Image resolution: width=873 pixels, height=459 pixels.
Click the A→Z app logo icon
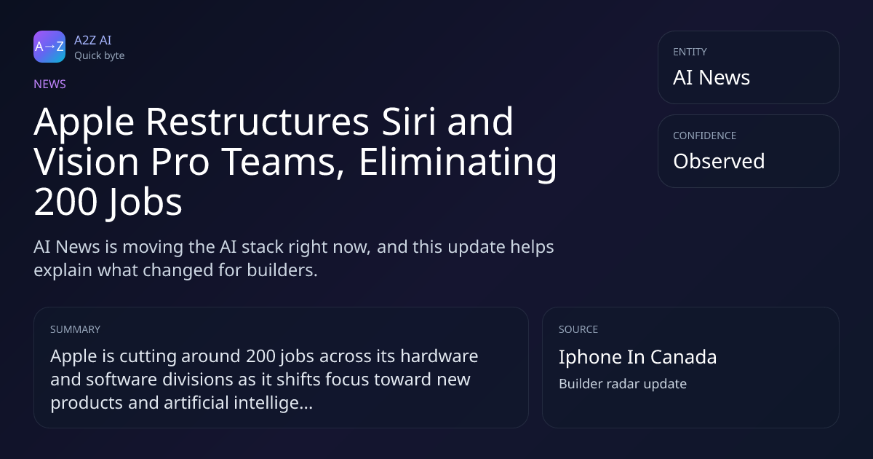[49, 47]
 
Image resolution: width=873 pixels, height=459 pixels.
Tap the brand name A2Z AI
[93, 40]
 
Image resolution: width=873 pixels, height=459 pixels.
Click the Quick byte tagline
[100, 56]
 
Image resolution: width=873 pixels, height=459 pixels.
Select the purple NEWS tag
[49, 84]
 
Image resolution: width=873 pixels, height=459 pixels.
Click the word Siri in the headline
[408, 122]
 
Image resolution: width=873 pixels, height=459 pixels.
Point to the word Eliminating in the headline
[458, 162]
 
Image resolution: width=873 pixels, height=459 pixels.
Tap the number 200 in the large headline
[65, 203]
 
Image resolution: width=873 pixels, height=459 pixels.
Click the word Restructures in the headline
[258, 122]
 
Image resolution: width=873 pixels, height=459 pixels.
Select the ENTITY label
[690, 52]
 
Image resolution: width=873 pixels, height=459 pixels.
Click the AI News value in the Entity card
[711, 77]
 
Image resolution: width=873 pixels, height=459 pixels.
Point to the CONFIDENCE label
[705, 136]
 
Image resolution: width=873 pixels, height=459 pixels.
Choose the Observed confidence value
[719, 161]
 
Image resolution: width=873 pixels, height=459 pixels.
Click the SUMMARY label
[75, 329]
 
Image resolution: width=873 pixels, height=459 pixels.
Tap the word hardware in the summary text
[439, 356]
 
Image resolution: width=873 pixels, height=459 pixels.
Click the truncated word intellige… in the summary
[274, 403]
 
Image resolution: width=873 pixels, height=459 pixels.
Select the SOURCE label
[578, 329]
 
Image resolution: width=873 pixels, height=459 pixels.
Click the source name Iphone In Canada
[637, 357]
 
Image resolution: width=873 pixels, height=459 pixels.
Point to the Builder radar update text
[623, 384]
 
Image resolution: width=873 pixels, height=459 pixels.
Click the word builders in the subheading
[282, 270]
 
